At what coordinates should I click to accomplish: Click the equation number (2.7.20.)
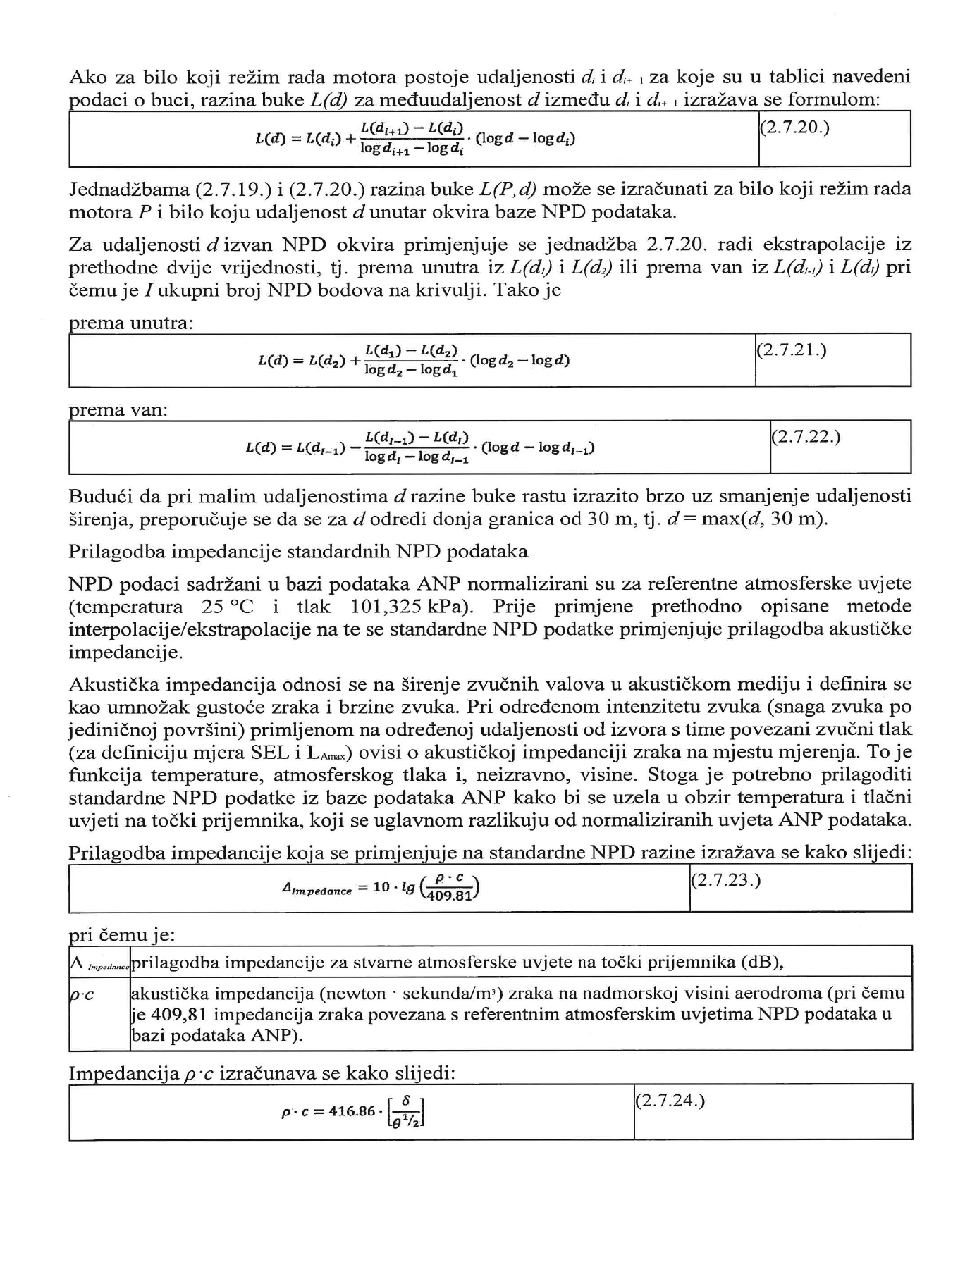pos(794,130)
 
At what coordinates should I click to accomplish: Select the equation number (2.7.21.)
pos(791,350)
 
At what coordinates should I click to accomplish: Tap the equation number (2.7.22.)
pos(806,437)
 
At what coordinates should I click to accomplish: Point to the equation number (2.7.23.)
pos(725,881)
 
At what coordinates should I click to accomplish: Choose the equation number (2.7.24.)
pos(670,1101)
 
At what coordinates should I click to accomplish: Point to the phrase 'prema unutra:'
pos(131,323)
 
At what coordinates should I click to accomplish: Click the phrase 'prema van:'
pos(118,410)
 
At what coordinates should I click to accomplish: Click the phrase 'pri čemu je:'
pos(121,935)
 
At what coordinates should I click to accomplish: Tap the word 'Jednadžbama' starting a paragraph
pos(129,190)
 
